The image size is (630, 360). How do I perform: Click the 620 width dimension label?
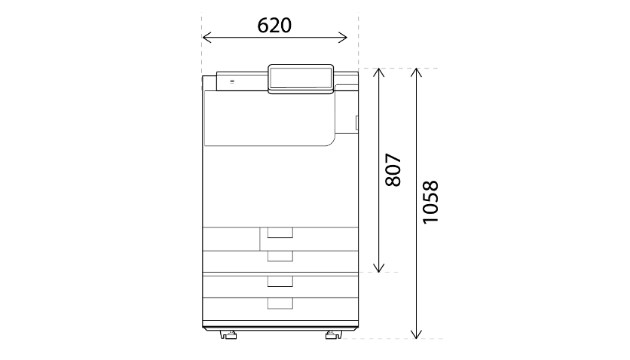[274, 26]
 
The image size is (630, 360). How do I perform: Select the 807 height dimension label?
[393, 169]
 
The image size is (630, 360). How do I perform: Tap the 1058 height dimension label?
[431, 202]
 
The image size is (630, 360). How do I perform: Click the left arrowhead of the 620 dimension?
[207, 38]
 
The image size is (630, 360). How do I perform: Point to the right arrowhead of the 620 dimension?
[343, 38]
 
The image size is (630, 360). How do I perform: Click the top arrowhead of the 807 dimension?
[378, 72]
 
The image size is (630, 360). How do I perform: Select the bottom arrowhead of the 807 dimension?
[378, 267]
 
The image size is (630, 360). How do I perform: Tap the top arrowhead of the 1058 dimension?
[416, 72]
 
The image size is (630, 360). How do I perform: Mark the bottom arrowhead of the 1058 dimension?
[416, 334]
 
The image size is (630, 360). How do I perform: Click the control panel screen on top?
[301, 78]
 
